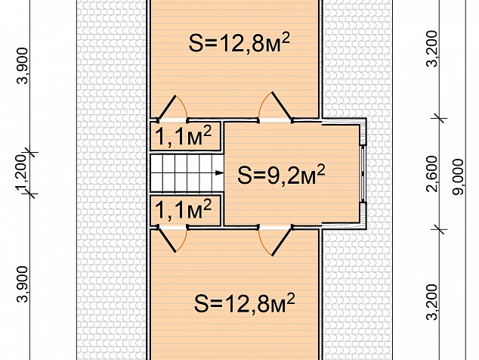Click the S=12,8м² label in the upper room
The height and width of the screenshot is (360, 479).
[239, 43]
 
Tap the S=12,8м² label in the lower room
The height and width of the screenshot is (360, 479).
[244, 303]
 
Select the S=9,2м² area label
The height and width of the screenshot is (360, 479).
[281, 175]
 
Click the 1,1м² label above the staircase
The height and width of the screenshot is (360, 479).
[184, 136]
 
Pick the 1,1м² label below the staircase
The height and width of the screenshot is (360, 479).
[184, 209]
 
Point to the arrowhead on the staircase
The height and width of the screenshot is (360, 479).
[220, 172]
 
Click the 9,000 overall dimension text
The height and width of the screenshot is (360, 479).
[458, 176]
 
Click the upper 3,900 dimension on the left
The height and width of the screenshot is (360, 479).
[23, 66]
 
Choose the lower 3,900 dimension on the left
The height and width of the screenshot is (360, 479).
[23, 284]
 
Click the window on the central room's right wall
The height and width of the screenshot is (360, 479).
[363, 173]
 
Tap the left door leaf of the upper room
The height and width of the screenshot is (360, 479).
[167, 107]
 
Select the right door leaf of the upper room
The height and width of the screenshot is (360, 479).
[281, 105]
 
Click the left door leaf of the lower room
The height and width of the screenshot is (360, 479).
[167, 240]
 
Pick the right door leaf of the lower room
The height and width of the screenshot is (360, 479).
[281, 242]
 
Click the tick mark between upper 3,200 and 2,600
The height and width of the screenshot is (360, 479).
[440, 118]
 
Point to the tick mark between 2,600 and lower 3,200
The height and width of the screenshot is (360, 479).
[440, 229]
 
